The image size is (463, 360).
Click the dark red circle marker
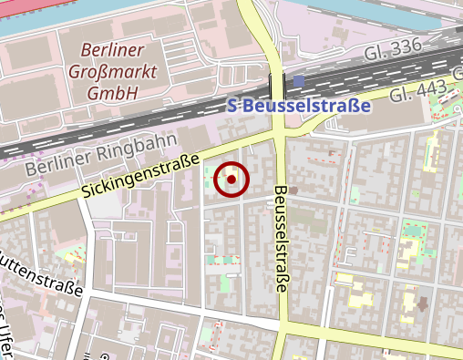tap(231, 180)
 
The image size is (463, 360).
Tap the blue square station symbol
tap(299, 83)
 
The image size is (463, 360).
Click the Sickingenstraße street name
tap(139, 177)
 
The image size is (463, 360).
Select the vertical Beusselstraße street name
tap(280, 239)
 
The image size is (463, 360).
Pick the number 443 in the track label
tap(434, 88)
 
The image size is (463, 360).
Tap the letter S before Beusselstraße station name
tap(230, 107)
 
